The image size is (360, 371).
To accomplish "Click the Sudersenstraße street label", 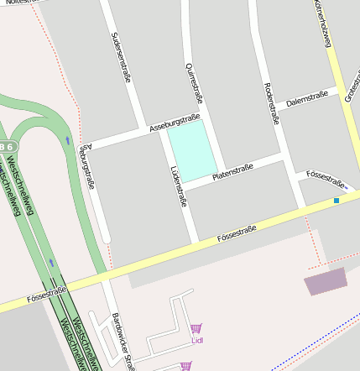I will [x=121, y=57].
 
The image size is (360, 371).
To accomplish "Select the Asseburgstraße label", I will [x=174, y=124].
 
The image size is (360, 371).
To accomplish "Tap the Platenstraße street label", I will [x=232, y=172].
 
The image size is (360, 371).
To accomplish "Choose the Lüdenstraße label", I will [x=177, y=184].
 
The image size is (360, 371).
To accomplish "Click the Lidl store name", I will [x=197, y=340].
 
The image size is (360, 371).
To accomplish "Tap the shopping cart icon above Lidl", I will [x=196, y=328].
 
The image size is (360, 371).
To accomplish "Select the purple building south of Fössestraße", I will [x=325, y=281].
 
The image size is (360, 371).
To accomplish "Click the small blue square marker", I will [x=337, y=201].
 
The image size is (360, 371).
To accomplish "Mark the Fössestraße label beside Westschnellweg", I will [x=46, y=294].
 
